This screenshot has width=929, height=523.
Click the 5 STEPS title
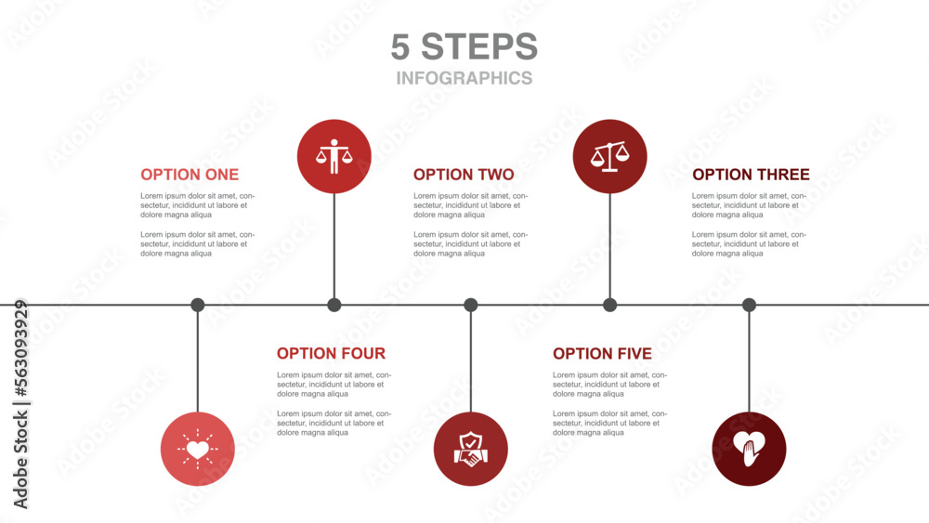coord(464,46)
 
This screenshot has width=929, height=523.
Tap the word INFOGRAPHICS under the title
coord(464,78)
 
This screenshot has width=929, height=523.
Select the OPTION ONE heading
coord(190,175)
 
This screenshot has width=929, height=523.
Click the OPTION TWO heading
coord(464,175)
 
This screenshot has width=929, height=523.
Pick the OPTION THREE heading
coord(751,175)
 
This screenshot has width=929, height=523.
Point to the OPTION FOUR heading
coord(331,354)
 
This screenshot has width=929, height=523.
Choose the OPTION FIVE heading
coord(602,354)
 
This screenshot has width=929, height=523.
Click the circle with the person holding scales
coord(334,156)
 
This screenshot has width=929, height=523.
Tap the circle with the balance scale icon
coord(609,156)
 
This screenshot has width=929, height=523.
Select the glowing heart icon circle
coord(198,449)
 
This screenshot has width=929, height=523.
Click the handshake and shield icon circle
coord(471,449)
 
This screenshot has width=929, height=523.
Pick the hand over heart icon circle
coord(749,449)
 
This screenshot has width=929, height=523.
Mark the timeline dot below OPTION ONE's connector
coord(198,305)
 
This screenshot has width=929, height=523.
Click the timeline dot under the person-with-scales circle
coord(334,305)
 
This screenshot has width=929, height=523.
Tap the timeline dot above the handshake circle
coord(471,305)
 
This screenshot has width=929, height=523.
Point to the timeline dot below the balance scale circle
coord(609,305)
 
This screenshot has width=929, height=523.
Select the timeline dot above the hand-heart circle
coord(749,305)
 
